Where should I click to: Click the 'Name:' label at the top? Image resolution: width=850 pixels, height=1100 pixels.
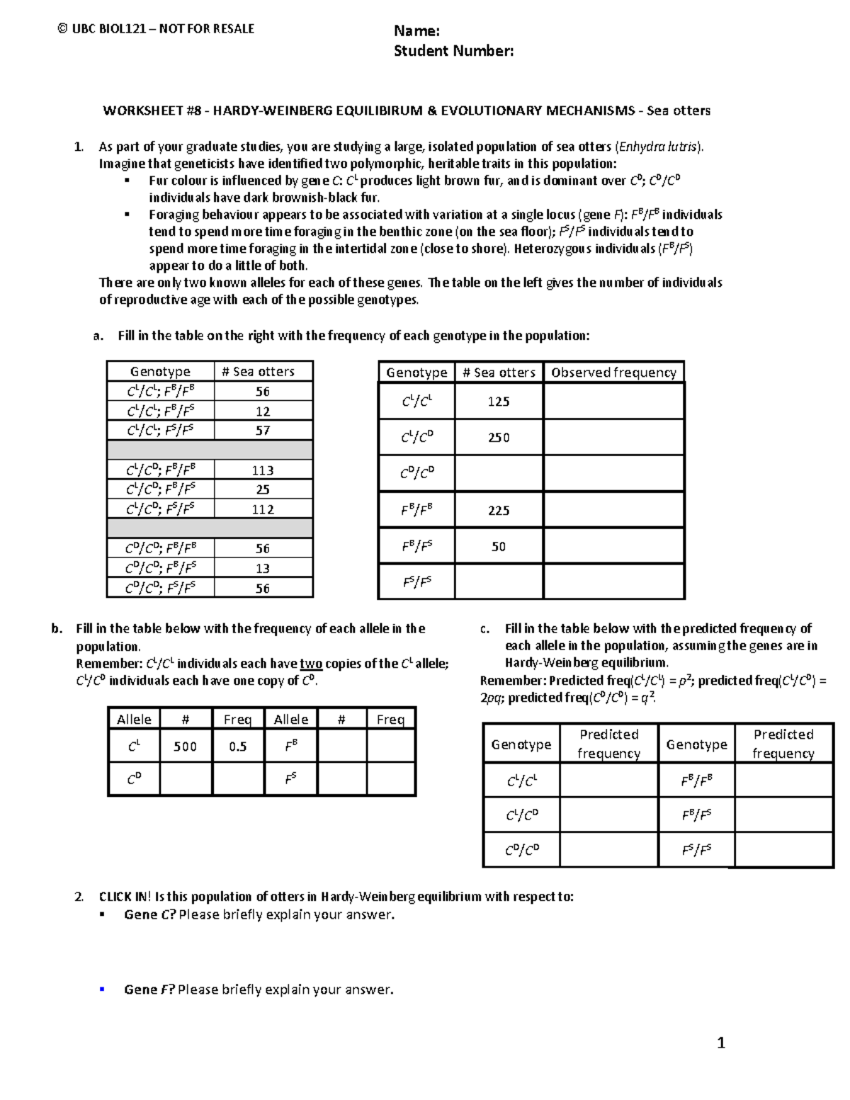coord(416,30)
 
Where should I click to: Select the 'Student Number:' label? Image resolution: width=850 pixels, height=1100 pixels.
coord(453,51)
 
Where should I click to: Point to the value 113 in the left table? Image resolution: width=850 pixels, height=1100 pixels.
coord(263,470)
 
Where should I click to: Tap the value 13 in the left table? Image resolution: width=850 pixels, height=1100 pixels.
coord(263,568)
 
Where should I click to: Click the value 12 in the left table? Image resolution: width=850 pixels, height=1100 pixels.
coord(263,412)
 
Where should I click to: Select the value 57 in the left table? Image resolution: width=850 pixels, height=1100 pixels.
coord(263,431)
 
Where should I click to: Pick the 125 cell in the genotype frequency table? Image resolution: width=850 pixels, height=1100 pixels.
coord(499,402)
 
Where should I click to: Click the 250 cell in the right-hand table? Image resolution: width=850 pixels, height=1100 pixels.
coord(499,438)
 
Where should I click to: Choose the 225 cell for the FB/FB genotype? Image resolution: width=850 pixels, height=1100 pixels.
coord(499,511)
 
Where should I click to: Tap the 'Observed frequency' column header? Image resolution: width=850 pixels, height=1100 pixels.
coord(613,373)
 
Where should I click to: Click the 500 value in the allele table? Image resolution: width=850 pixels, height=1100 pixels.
coord(186,747)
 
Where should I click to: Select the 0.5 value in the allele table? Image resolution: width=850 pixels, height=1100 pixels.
coord(238,747)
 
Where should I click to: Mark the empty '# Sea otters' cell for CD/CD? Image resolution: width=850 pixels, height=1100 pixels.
coord(499,474)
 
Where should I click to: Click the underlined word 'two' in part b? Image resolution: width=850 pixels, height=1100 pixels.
coord(311,664)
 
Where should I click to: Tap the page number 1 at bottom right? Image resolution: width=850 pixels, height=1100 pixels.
coord(721,1043)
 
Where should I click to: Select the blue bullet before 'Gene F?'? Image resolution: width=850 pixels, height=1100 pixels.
coord(103,990)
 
